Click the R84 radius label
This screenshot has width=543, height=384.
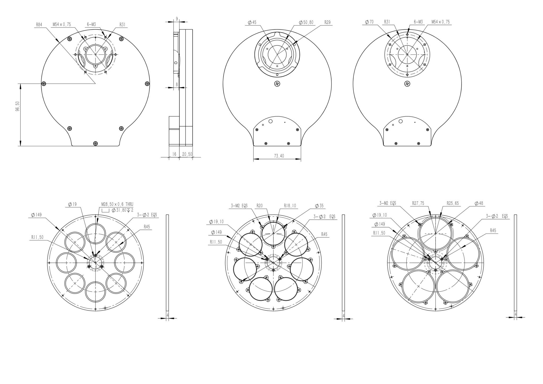pos(39,25)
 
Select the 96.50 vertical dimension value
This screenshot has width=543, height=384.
pos(17,110)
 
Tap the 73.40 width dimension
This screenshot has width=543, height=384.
pos(279,156)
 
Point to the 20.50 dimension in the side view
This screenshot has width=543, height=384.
pos(186,154)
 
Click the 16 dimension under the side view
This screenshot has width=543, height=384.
pos(174,154)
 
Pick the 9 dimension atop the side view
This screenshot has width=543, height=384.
pos(177,19)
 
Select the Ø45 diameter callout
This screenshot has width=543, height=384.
pos(252,23)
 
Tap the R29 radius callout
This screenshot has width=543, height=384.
pos(327,23)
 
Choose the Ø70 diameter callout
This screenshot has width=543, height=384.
pos(369,22)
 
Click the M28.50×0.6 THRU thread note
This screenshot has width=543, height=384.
pos(117,204)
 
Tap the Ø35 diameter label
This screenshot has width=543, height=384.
pos(319,206)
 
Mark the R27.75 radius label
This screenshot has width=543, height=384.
pos(418,203)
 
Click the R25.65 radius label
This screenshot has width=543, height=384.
pos(453,203)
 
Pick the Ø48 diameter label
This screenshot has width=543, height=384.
pos(479,203)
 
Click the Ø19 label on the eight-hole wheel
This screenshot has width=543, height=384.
pos(72,204)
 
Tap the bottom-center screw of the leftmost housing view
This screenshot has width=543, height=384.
pos(95,143)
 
